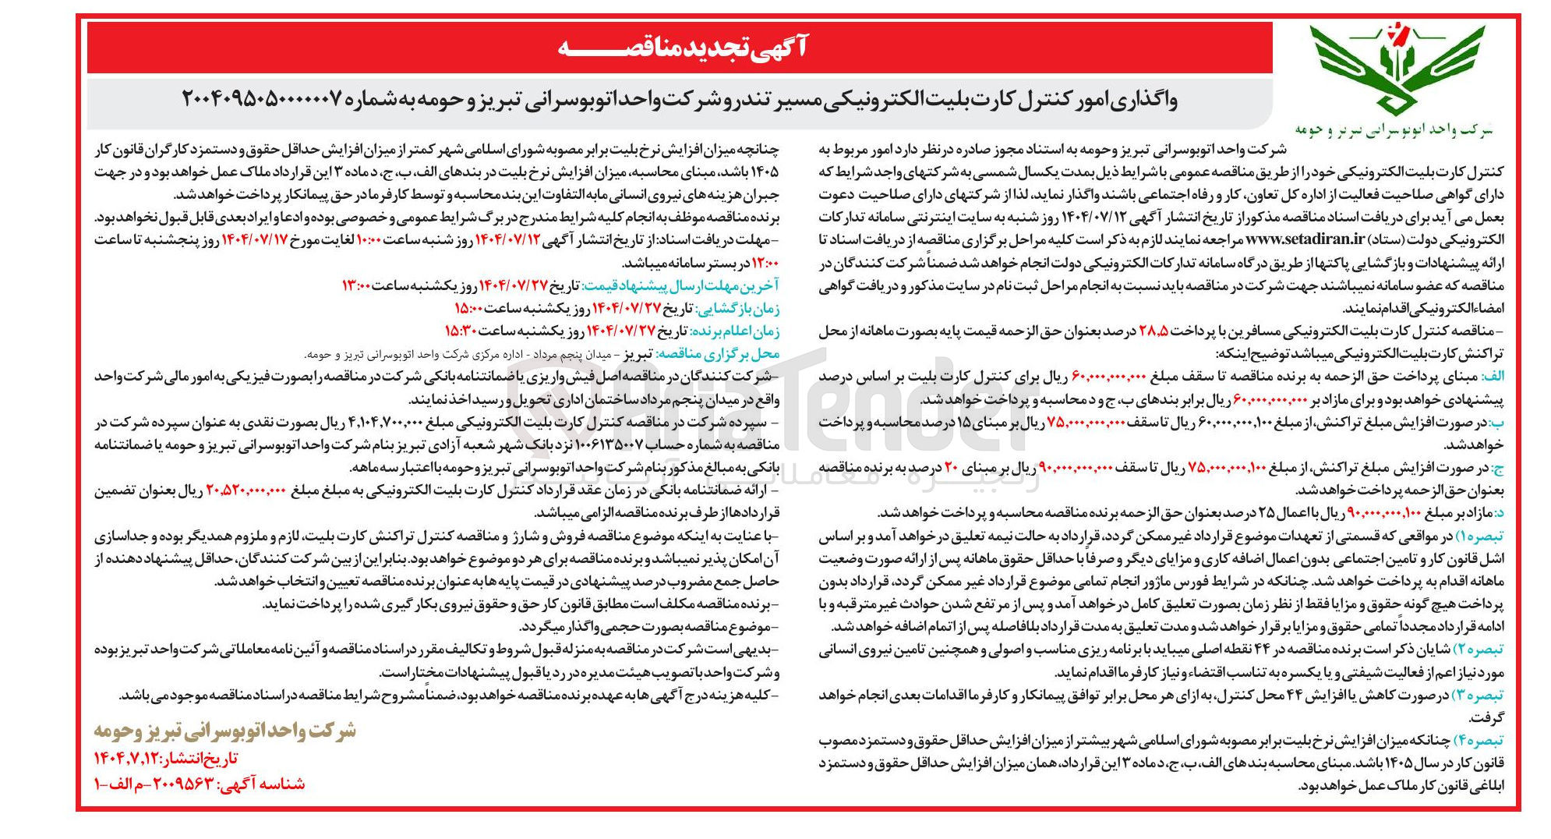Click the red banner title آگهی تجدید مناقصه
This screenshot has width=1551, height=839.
[683, 48]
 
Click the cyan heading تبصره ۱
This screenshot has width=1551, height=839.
[1480, 536]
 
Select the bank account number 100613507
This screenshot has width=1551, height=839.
[610, 445]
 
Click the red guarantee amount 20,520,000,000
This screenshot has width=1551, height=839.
[246, 491]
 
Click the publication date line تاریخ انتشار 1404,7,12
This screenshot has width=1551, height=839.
[165, 758]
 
